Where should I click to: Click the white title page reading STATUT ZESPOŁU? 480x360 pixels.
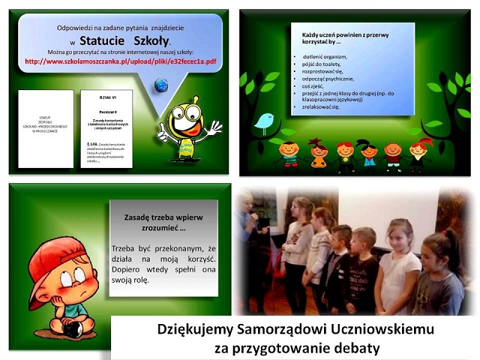[x=46, y=128]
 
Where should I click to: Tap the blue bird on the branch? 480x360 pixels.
[x=263, y=121]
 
